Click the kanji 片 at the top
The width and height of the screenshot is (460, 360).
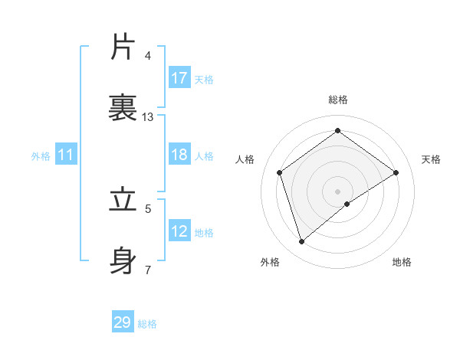point(123,47)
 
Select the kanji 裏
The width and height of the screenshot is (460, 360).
point(123,108)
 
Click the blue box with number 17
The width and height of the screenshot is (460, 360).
point(179,78)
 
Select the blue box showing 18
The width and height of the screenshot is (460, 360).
point(179,155)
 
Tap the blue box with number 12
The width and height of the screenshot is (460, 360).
point(179,231)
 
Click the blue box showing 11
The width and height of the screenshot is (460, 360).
point(65,155)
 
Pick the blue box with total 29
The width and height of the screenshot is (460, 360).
point(123,322)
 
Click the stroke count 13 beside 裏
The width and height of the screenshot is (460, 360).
point(148,117)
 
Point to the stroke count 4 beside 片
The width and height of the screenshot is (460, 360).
point(148,55)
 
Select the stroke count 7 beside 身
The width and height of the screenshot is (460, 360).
point(148,270)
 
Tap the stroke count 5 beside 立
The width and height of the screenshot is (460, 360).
point(148,208)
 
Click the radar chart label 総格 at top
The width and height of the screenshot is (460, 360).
point(338,100)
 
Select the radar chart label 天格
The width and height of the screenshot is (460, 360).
point(431,159)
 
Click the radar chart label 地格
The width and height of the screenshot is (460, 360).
point(402,262)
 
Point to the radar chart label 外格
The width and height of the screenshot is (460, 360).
point(270,262)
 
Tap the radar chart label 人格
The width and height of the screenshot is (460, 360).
point(245,159)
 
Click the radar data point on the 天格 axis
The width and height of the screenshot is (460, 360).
point(396,172)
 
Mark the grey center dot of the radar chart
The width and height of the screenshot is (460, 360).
point(338,191)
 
